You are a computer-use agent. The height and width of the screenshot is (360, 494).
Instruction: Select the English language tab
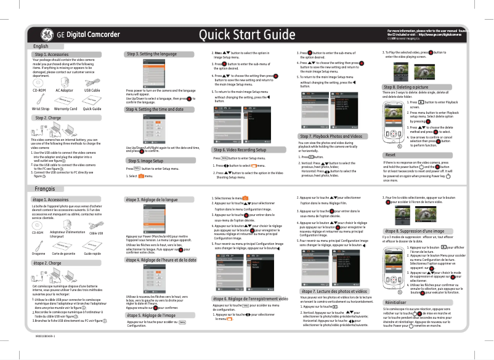click(x=41, y=46)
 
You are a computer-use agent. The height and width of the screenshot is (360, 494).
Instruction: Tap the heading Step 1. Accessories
click(x=52, y=55)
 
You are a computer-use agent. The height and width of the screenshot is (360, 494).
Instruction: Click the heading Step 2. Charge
click(x=49, y=118)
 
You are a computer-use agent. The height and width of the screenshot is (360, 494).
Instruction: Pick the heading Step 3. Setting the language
click(x=152, y=54)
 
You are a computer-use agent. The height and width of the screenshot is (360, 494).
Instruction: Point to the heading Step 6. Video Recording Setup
click(x=240, y=150)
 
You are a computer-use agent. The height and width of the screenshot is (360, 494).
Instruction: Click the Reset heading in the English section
click(x=390, y=154)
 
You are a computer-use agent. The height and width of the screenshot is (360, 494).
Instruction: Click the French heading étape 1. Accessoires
click(x=51, y=200)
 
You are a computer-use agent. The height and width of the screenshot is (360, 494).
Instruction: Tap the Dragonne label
click(x=39, y=253)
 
